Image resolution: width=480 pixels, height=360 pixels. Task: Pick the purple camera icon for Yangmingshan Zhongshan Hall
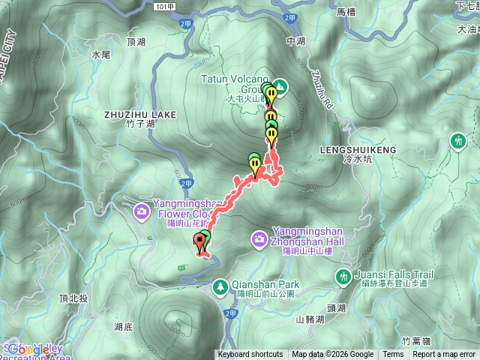pos(259,238)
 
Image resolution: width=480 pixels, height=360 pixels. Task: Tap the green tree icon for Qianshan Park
pos(220,285)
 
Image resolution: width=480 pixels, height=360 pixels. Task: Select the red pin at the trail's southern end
pos(199,241)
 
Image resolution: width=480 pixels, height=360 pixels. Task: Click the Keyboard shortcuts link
pos(251,355)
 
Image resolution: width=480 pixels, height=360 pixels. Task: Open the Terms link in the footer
pos(393,355)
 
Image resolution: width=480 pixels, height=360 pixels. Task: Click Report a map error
pos(444,355)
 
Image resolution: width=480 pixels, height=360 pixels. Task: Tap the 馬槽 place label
pos(346,11)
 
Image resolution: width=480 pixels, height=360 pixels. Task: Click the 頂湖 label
pos(136,42)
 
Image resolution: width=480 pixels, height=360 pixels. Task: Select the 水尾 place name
pos(100,55)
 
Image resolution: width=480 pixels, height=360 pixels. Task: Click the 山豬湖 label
pos(310,319)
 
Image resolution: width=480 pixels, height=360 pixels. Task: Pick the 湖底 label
pos(124,327)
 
